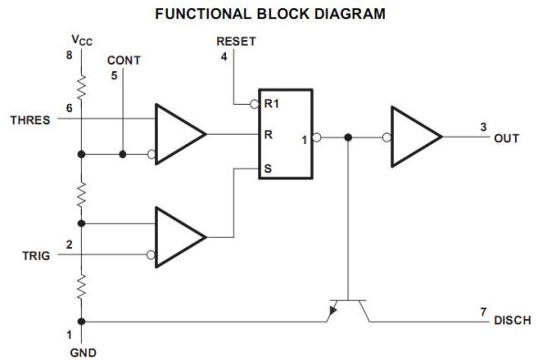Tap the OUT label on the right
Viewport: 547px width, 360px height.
click(x=507, y=139)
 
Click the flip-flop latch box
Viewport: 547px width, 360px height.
click(x=285, y=134)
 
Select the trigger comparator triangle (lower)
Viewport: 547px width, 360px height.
click(x=179, y=237)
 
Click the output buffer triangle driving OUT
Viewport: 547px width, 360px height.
click(x=415, y=138)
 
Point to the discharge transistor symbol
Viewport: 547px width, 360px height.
click(x=346, y=310)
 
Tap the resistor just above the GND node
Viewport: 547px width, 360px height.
click(x=82, y=288)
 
